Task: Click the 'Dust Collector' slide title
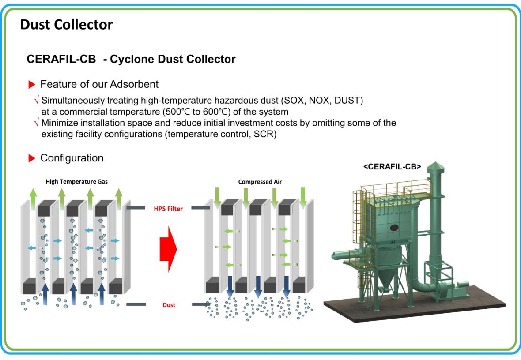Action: click(x=67, y=25)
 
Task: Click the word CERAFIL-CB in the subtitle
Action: click(x=61, y=59)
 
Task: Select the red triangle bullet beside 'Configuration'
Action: click(x=32, y=158)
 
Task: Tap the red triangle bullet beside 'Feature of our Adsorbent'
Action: click(x=32, y=85)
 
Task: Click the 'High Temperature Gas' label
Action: click(x=77, y=182)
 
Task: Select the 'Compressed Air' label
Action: click(x=260, y=182)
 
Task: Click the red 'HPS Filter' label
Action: click(x=168, y=209)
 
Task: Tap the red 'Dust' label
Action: click(x=169, y=305)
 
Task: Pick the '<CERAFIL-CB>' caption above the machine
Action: click(x=392, y=167)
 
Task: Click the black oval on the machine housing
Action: click(x=394, y=228)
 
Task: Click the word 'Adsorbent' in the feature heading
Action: click(x=134, y=84)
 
